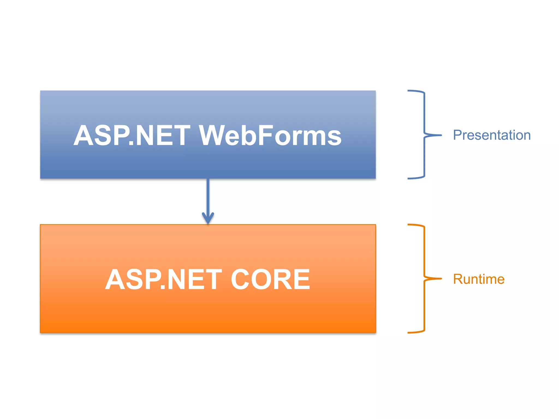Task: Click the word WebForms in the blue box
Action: [x=270, y=135]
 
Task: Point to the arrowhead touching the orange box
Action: [x=208, y=218]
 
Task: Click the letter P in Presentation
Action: [x=458, y=135]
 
